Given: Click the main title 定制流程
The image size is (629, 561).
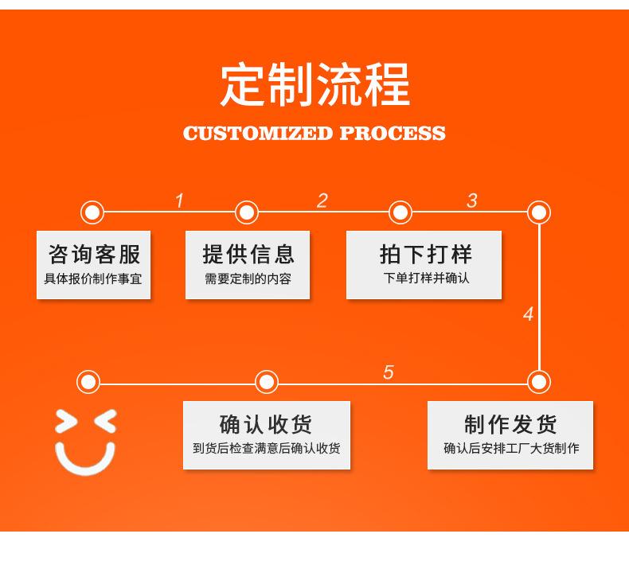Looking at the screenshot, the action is click(315, 84).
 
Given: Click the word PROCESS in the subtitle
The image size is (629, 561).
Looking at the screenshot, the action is click(393, 134).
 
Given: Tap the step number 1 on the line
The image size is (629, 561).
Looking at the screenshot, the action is click(179, 201).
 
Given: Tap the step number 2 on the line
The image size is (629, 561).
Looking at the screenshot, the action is click(322, 201).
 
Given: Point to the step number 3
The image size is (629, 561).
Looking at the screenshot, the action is click(472, 201).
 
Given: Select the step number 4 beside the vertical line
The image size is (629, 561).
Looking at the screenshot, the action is click(529, 314).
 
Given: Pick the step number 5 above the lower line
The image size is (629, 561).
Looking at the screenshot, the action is click(389, 372).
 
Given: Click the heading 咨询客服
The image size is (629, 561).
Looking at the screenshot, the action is click(94, 254).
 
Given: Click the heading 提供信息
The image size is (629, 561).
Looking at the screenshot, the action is click(248, 254).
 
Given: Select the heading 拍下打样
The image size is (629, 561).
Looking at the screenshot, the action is click(426, 254).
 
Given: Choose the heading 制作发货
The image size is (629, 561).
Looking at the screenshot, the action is click(510, 424).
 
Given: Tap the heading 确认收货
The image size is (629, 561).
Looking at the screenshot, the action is click(266, 424).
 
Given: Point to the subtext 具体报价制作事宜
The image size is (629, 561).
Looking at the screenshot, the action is click(92, 279).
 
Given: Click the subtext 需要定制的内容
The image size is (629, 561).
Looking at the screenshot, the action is click(248, 279).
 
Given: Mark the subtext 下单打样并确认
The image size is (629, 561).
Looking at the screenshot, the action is click(426, 278).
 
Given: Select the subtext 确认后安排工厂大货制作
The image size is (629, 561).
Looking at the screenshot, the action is click(511, 448).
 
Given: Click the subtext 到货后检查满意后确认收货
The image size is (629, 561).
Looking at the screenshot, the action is click(267, 448).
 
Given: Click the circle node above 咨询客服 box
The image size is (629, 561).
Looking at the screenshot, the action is click(92, 212).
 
